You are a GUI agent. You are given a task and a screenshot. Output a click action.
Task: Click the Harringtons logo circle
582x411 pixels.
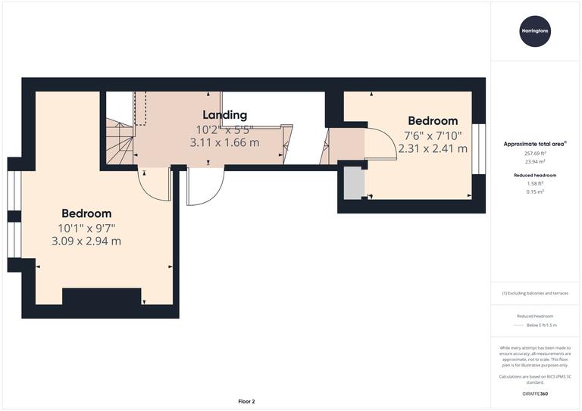click(536, 32)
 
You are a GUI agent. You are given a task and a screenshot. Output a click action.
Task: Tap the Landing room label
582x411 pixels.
click(224, 115)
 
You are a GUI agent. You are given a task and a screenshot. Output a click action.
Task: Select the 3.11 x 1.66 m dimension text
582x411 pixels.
click(224, 142)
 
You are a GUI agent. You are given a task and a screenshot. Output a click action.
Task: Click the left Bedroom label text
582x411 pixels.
click(86, 213)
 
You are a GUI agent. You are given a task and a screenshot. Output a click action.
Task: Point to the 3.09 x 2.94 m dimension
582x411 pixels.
click(86, 241)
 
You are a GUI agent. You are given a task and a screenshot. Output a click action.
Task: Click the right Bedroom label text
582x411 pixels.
click(433, 120)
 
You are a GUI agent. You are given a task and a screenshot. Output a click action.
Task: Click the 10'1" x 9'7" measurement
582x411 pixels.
click(86, 228)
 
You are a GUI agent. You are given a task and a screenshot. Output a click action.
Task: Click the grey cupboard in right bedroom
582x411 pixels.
click(352, 183)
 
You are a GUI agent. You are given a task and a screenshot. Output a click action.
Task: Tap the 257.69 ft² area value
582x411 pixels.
click(536, 152)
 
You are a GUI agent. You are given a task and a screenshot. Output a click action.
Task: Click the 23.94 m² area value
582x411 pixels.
click(536, 160)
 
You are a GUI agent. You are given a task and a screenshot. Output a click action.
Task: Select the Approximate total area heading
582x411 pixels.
click(535, 143)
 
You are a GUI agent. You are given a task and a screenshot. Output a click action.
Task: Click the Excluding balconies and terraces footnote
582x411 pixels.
click(536, 293)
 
